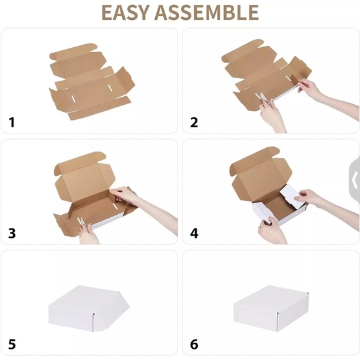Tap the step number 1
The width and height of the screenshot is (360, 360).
[x=11, y=122]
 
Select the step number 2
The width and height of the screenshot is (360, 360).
[x=194, y=122]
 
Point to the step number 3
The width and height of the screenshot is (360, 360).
[x=12, y=233]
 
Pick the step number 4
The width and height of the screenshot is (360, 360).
[x=194, y=233]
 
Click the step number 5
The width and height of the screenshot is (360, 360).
[x=12, y=344]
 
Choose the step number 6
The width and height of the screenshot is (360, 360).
[x=194, y=344]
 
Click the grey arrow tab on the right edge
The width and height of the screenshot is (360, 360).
[x=354, y=180]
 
